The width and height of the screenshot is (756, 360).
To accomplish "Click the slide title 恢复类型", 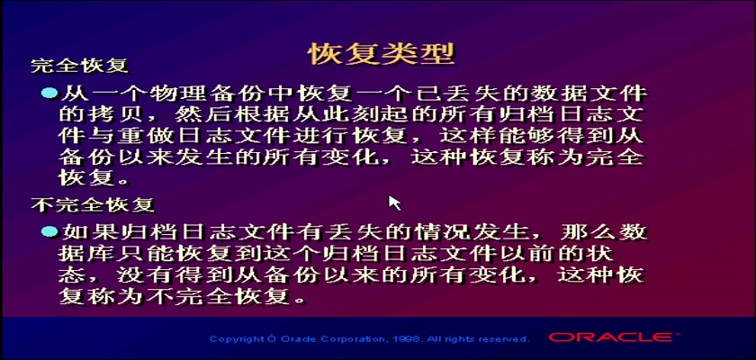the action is click(382, 53).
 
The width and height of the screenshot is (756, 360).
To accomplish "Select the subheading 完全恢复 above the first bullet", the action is click(79, 66).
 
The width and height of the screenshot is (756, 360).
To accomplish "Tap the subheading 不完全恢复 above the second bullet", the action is click(93, 205).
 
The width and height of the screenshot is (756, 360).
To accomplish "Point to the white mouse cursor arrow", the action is click(394, 202).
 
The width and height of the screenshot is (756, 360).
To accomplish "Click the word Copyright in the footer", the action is click(236, 340).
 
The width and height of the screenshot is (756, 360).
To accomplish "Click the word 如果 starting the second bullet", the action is click(85, 233).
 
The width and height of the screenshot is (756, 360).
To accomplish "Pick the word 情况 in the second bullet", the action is click(438, 233).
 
